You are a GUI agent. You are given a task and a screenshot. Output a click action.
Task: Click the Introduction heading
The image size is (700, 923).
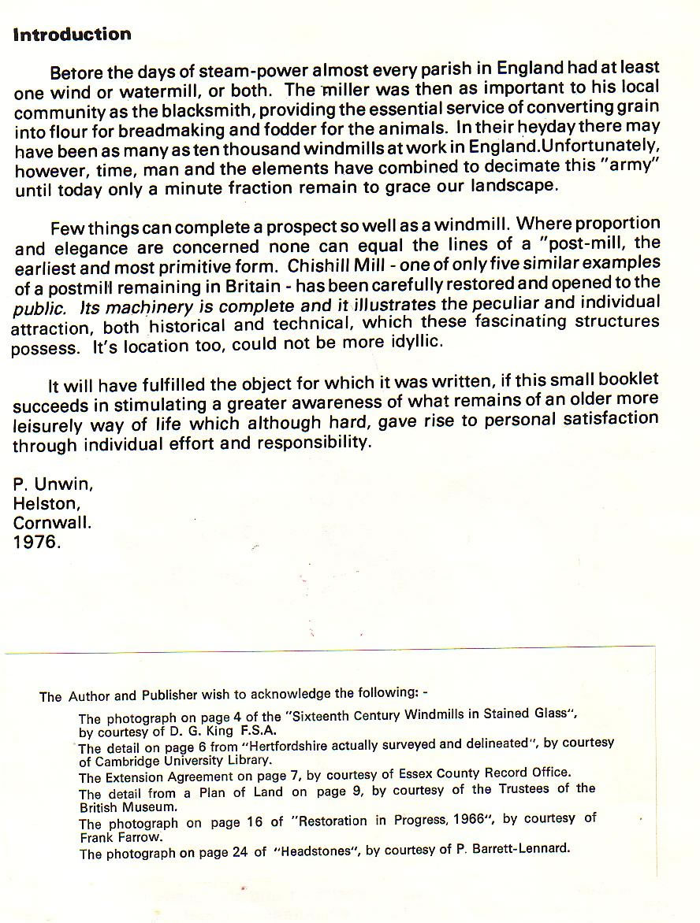(x=72, y=35)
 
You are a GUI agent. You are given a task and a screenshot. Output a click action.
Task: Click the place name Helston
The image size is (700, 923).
(x=47, y=503)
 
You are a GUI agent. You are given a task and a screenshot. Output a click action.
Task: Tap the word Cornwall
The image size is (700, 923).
(x=52, y=523)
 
